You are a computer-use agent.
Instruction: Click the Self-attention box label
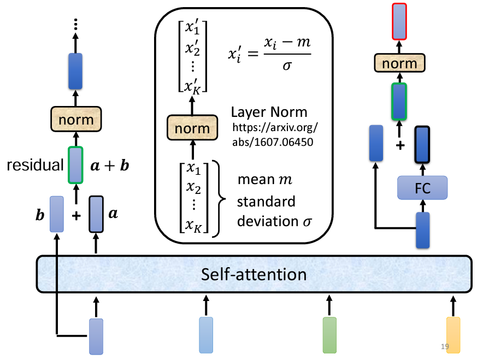(254, 273)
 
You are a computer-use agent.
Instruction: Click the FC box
(422, 188)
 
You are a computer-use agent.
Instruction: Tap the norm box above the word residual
(75, 118)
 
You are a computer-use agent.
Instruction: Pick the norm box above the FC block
(399, 63)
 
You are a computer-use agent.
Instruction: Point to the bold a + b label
(109, 165)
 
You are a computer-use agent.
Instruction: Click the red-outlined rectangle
(399, 21)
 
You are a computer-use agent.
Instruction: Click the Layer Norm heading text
(269, 113)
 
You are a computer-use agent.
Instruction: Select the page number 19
(445, 346)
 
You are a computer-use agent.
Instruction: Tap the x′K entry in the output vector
(194, 86)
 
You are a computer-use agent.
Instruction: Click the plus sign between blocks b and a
(76, 215)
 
